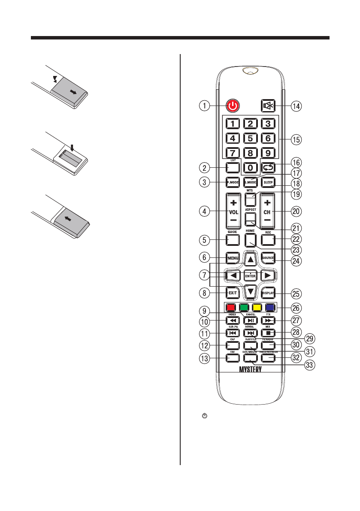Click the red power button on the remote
(232, 105)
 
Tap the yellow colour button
(257, 307)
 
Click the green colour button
(244, 307)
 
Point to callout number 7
(205, 274)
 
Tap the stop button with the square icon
(268, 333)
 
